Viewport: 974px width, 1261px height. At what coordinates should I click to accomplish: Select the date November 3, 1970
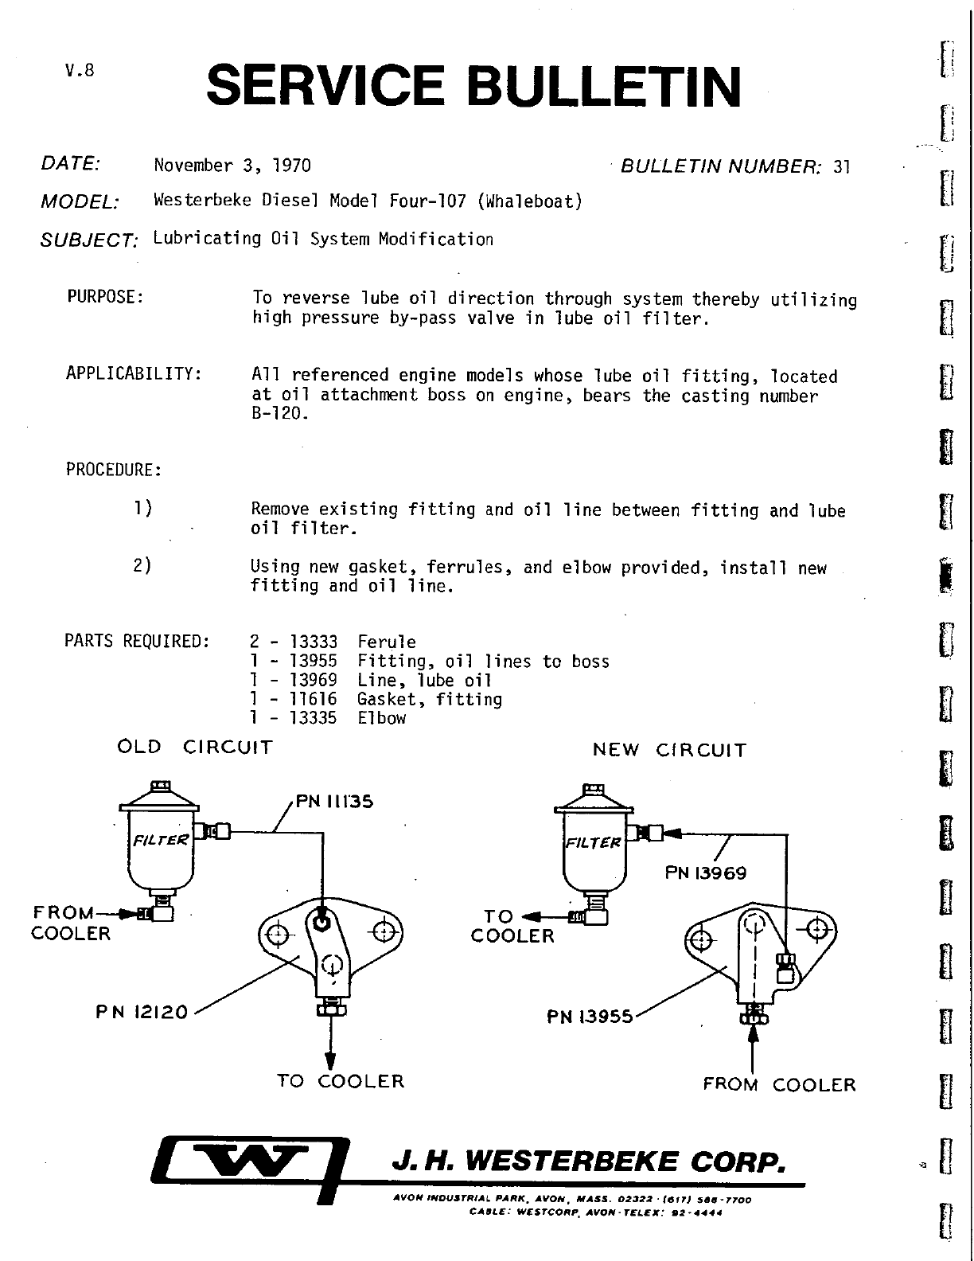(x=232, y=166)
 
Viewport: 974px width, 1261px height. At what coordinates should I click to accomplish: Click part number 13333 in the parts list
(x=313, y=642)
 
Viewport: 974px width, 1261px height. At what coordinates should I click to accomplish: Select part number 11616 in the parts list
(x=313, y=699)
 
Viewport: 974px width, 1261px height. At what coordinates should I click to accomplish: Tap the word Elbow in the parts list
(x=381, y=718)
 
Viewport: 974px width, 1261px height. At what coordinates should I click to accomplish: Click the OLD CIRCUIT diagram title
(x=194, y=748)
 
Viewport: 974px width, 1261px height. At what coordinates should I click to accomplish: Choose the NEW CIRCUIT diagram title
(x=669, y=750)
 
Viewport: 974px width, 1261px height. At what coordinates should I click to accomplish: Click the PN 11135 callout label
(x=334, y=802)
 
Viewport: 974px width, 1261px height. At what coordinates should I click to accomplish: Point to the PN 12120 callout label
(x=141, y=1012)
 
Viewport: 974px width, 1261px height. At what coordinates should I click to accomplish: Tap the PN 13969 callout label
(x=705, y=873)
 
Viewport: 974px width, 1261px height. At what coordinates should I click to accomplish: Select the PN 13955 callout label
(x=590, y=1017)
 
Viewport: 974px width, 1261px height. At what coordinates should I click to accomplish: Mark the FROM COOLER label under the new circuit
(x=779, y=1084)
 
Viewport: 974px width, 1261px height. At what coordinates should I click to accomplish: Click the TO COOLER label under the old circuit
(x=341, y=1081)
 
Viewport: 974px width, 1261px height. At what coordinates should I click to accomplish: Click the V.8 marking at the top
(x=80, y=70)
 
